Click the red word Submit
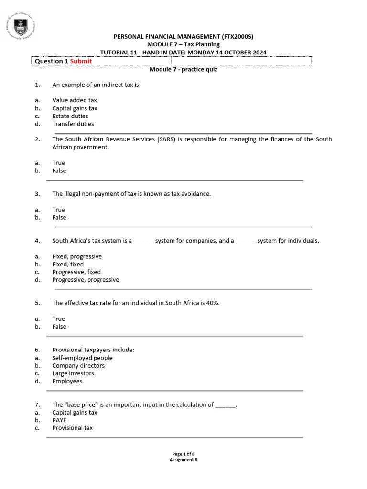[81, 61]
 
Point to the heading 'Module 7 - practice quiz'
[183, 69]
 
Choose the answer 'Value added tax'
[75, 100]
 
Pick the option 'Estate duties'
[70, 116]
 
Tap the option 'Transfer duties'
[73, 124]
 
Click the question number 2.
[37, 139]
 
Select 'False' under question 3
[59, 217]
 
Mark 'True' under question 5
[58, 319]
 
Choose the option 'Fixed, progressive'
[77, 256]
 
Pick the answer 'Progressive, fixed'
[76, 272]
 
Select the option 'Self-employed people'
[82, 358]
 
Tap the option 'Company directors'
[78, 366]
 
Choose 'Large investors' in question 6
[73, 373]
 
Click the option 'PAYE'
[59, 420]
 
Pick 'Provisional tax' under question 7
[73, 428]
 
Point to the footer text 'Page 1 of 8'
[183, 454]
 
